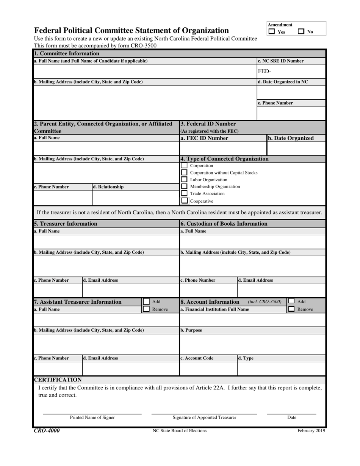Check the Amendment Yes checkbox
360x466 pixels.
tap(272, 32)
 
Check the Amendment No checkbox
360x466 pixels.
tap(301, 32)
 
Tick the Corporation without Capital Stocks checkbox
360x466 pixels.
tap(184, 173)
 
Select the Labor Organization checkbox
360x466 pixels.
tap(184, 179)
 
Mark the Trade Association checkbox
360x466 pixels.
tap(184, 193)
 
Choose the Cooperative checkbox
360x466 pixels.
tap(184, 201)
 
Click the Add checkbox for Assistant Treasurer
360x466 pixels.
tap(146, 302)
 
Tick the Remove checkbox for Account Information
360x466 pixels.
tap(291, 309)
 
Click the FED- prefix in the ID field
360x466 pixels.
tap(265, 71)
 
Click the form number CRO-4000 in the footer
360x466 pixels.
tap(47, 430)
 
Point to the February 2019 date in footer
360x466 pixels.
tap(311, 431)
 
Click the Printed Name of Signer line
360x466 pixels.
tap(92, 414)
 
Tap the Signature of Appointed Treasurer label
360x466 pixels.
tap(204, 417)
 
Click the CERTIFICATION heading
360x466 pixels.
tap(58, 380)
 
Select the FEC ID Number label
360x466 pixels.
tap(204, 138)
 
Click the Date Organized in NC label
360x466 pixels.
tap(283, 82)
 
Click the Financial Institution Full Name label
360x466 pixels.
tap(214, 309)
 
